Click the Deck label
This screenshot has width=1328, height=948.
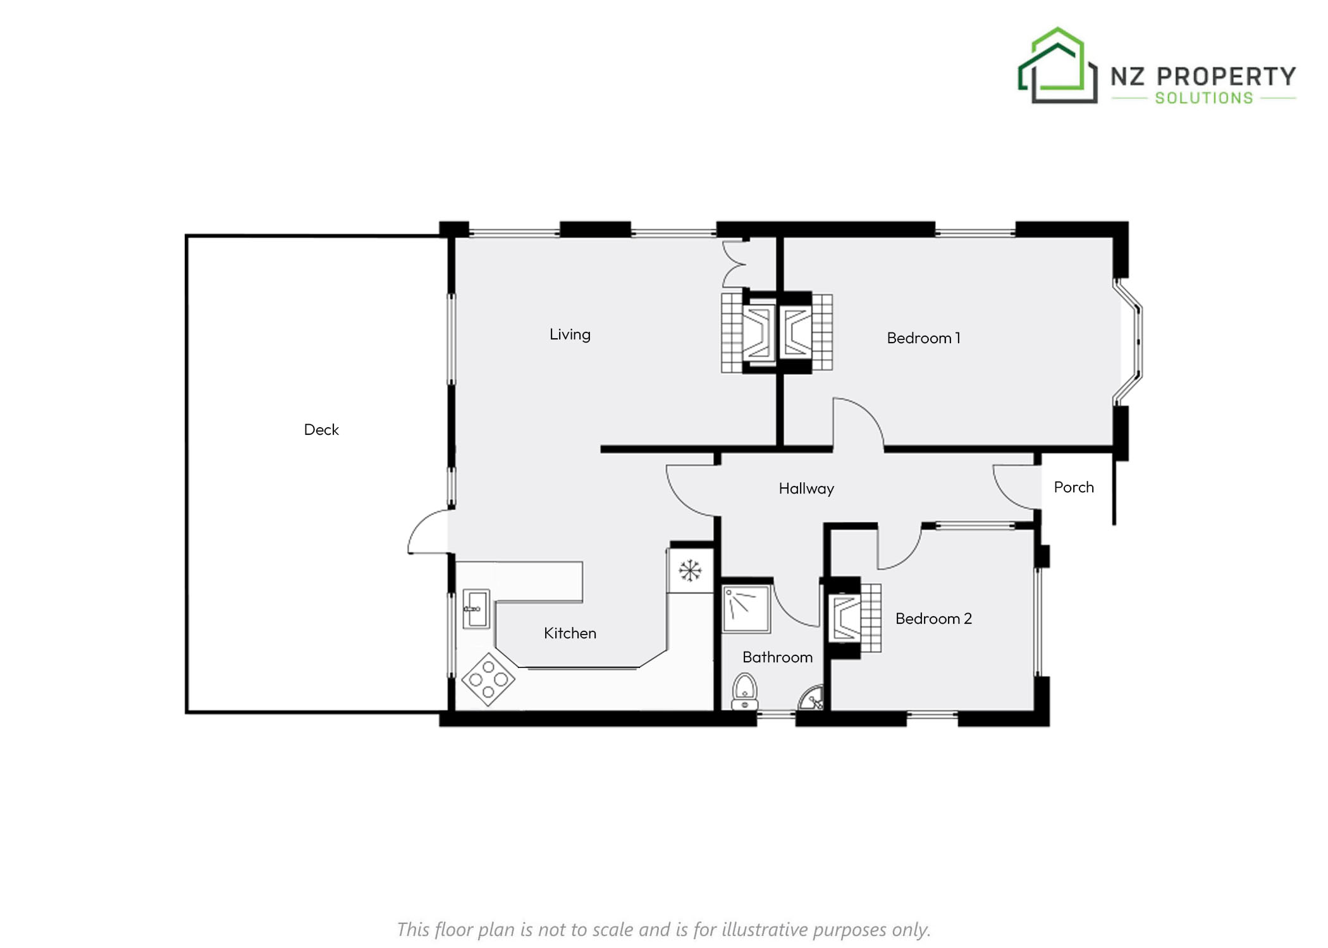pos(321,430)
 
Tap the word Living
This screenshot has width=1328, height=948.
pos(570,334)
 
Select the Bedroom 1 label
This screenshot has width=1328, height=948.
pos(923,338)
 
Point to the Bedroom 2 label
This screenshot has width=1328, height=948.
pos(933,619)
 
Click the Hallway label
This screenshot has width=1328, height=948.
pos(806,489)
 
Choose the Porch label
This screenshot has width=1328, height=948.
pos(1074,487)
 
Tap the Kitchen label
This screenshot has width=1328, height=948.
pos(570,633)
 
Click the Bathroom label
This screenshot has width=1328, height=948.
pos(777,657)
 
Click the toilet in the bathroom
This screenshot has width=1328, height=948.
pos(745,692)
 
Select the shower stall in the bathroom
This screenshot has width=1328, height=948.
pos(746,609)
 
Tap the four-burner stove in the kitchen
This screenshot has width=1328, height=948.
pos(488,679)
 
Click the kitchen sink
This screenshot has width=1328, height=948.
pos(476,609)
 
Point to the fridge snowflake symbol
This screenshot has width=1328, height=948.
pos(690,571)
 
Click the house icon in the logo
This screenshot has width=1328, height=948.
pos(1057,65)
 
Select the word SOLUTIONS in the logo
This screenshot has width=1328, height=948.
pos(1204,98)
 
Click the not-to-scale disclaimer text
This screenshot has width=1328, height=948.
pos(664,930)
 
